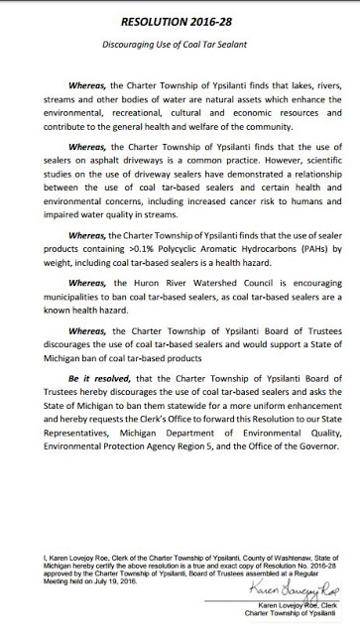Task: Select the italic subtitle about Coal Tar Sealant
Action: (180, 45)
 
